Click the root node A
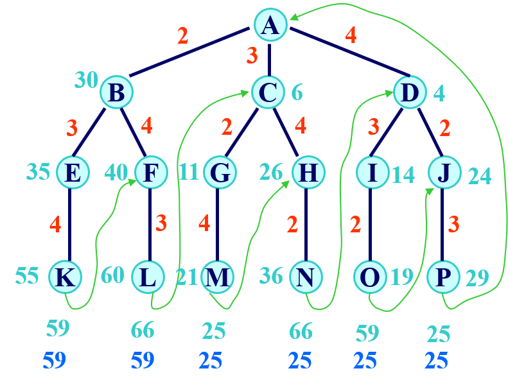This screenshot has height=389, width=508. (x=270, y=25)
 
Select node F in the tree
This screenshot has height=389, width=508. (x=150, y=172)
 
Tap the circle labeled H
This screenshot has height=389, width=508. (x=308, y=172)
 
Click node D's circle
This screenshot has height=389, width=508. (x=410, y=92)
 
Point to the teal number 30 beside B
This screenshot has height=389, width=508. (x=86, y=80)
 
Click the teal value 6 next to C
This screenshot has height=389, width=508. (x=297, y=93)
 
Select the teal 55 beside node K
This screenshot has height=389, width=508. (x=27, y=275)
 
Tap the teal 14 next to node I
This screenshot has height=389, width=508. (x=403, y=175)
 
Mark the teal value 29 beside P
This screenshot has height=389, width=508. (x=477, y=278)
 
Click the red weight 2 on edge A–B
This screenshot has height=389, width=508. (x=183, y=35)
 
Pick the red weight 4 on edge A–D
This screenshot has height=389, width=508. (x=351, y=35)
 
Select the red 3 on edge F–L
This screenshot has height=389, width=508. (x=161, y=223)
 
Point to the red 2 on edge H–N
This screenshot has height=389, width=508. (x=292, y=224)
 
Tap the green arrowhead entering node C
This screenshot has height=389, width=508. (x=245, y=93)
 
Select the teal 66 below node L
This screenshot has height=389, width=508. (x=143, y=330)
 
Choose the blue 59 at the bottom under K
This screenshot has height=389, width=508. (x=55, y=360)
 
